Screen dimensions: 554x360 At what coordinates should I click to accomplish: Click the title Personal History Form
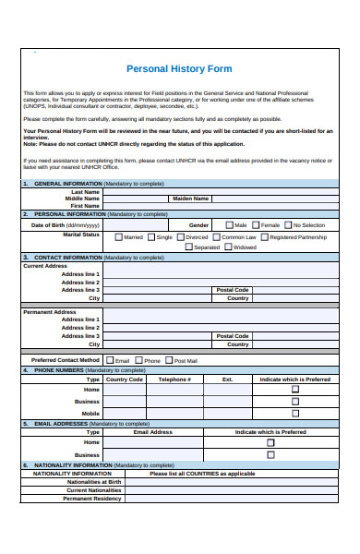click(179, 69)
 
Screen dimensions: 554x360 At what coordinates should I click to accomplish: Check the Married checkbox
click(118, 237)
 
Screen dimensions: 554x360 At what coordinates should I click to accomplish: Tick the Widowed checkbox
click(228, 247)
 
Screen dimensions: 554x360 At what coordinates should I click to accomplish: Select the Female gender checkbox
click(256, 225)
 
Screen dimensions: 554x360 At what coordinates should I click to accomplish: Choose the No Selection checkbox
click(288, 225)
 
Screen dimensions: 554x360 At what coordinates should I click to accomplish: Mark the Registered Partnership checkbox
click(264, 237)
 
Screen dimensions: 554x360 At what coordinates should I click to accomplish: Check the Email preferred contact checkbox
click(110, 360)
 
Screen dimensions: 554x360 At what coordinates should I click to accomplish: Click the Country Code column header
click(125, 379)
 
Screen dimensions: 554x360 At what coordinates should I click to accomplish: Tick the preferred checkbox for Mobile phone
click(295, 413)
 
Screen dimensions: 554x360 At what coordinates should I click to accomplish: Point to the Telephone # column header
click(174, 379)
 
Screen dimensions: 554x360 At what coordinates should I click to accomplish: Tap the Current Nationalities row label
click(91, 490)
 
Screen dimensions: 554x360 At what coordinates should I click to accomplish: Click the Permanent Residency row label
click(91, 499)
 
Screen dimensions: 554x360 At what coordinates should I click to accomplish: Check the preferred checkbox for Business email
click(270, 454)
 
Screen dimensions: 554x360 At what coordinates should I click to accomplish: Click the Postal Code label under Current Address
click(233, 290)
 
